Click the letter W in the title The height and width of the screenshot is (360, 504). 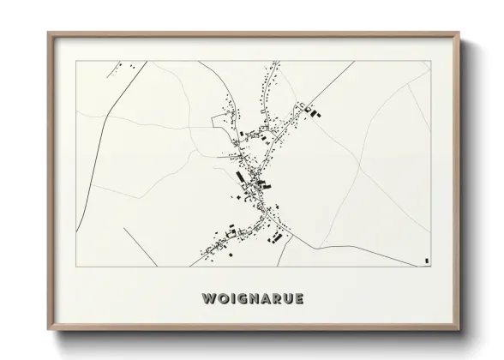(208, 299)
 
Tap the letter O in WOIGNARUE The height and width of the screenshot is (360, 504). (222, 299)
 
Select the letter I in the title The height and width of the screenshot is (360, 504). (232, 299)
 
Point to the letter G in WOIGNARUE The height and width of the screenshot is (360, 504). (242, 299)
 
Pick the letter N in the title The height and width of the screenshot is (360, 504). (255, 299)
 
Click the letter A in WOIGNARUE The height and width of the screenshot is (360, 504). (267, 299)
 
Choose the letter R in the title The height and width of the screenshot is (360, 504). (279, 299)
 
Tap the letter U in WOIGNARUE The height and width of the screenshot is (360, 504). (291, 299)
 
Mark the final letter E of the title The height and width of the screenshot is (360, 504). (302, 299)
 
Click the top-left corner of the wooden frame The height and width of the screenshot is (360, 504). (48, 33)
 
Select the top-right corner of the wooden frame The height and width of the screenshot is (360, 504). (460, 33)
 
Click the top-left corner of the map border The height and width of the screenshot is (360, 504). (75, 61)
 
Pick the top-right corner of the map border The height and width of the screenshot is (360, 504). (431, 61)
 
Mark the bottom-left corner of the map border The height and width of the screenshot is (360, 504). (75, 267)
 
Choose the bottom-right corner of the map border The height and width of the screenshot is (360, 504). (431, 267)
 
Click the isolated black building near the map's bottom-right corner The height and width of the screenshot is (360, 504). (425, 259)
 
